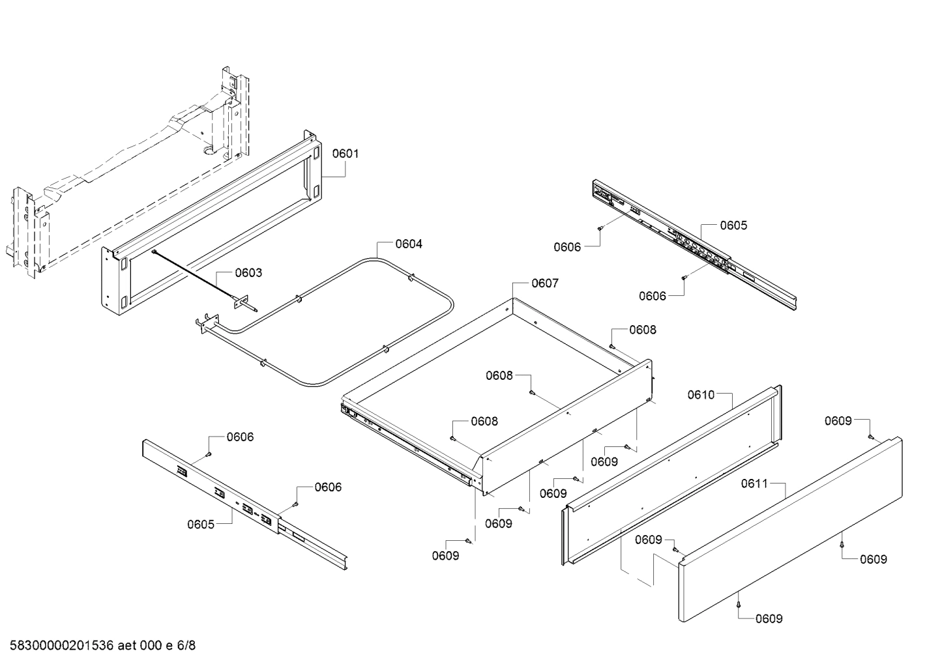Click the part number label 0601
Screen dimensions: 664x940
pyautogui.click(x=345, y=154)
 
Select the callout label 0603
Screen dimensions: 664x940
pyautogui.click(x=248, y=272)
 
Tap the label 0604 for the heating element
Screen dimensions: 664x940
pyautogui.click(x=409, y=244)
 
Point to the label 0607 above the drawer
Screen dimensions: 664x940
pyautogui.click(x=544, y=283)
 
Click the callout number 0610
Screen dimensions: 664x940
pyautogui.click(x=701, y=394)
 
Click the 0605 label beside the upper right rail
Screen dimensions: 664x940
pyautogui.click(x=733, y=225)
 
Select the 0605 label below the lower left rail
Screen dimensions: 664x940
pyautogui.click(x=201, y=524)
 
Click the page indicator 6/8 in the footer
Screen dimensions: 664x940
pyautogui.click(x=186, y=646)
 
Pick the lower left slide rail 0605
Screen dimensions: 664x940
pyautogui.click(x=241, y=502)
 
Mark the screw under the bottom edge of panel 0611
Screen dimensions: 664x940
pyautogui.click(x=739, y=605)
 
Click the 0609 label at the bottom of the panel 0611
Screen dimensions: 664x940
pyautogui.click(x=769, y=618)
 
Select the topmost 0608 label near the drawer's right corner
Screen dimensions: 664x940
pyautogui.click(x=643, y=330)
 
